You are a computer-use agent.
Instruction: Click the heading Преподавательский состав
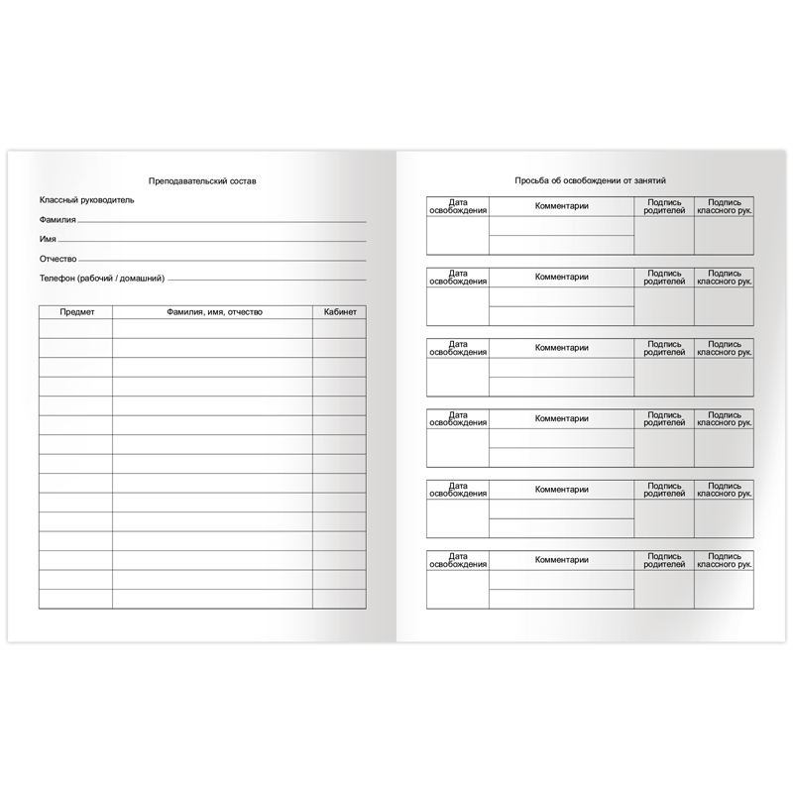(x=201, y=181)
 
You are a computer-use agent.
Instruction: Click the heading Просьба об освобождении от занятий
(x=590, y=181)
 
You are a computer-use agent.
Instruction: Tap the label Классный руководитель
(x=86, y=200)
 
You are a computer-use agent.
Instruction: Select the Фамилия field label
(x=57, y=220)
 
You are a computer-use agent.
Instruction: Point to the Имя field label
(x=48, y=240)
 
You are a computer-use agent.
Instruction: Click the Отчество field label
(x=57, y=259)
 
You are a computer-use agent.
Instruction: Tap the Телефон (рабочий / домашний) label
(x=102, y=279)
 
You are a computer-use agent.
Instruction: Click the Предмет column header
(x=76, y=312)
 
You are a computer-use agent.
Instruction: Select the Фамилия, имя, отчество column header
(x=213, y=312)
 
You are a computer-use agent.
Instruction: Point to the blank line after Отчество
(x=222, y=261)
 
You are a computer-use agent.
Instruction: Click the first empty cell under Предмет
(x=76, y=329)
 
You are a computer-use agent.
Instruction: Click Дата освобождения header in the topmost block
(x=458, y=206)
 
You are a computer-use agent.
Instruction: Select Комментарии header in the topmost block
(x=562, y=206)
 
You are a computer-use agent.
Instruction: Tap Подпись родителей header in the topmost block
(x=664, y=206)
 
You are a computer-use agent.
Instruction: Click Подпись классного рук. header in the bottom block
(x=724, y=559)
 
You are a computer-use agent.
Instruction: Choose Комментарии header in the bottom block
(x=562, y=560)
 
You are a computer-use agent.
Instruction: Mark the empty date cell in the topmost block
(x=458, y=236)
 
